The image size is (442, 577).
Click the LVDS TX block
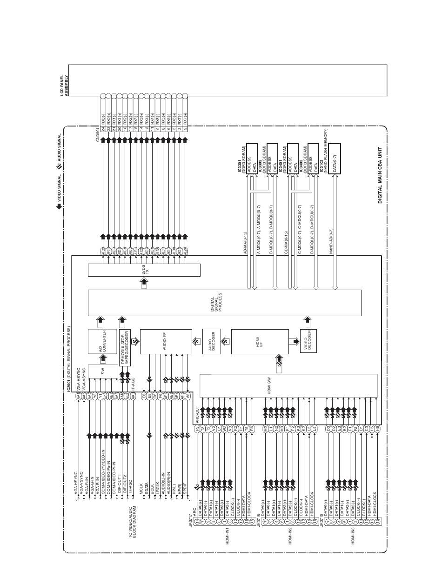click(x=144, y=270)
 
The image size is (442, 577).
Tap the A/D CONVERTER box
click(x=103, y=341)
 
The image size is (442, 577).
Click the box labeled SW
click(x=103, y=371)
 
